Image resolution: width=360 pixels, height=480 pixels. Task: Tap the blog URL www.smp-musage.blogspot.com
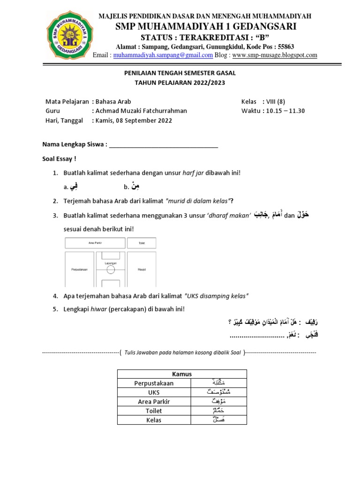(x=275, y=55)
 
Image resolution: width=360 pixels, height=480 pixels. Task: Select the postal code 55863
(x=286, y=46)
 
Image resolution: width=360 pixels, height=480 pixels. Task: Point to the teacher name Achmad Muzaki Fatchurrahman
(x=141, y=111)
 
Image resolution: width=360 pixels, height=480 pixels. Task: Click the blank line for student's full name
(x=163, y=145)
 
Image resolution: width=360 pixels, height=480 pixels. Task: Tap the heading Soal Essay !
(x=59, y=159)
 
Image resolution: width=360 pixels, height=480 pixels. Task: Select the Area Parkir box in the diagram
(x=95, y=243)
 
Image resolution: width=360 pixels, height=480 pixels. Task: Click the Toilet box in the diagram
(x=142, y=243)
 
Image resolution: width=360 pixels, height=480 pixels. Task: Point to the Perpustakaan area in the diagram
(x=80, y=270)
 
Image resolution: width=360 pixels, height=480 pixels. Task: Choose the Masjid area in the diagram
(x=142, y=270)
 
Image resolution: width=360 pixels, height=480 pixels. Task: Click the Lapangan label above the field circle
(x=111, y=263)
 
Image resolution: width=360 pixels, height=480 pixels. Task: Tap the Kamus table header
(x=182, y=374)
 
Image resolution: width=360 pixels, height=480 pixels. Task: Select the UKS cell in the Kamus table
(x=154, y=392)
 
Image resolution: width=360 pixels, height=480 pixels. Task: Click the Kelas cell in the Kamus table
(x=154, y=420)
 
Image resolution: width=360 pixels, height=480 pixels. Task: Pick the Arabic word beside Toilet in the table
(x=219, y=411)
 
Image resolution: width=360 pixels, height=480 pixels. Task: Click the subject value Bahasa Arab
(x=113, y=102)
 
